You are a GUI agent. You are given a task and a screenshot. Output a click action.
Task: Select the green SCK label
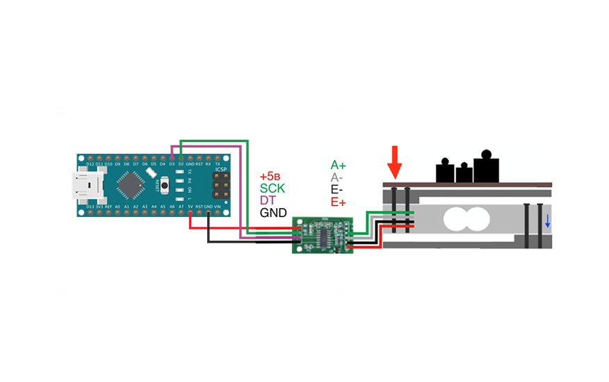pos(273,188)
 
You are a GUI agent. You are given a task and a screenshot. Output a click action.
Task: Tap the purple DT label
pos(268,200)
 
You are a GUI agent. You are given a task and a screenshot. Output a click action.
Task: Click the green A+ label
pos(339,165)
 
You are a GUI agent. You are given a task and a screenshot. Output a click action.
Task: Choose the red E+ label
pos(339,202)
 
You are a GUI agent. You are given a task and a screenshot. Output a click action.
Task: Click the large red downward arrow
pos(395,162)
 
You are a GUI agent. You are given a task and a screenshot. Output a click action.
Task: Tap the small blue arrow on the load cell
pos(547,221)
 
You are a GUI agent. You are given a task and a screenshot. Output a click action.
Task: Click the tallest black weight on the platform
pos(486,167)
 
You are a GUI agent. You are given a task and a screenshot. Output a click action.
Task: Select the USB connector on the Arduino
pos(88,185)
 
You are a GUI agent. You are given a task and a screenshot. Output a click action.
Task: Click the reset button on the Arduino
pos(165,185)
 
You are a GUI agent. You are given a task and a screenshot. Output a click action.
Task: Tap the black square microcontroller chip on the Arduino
pos(131,185)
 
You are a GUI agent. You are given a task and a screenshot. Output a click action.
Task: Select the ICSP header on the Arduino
pos(221,185)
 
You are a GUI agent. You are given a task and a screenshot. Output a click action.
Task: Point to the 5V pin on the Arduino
pos(190,210)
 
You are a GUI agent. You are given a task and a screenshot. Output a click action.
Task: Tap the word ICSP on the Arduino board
pos(220,169)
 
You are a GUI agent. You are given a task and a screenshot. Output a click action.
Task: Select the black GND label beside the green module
pos(273,213)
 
